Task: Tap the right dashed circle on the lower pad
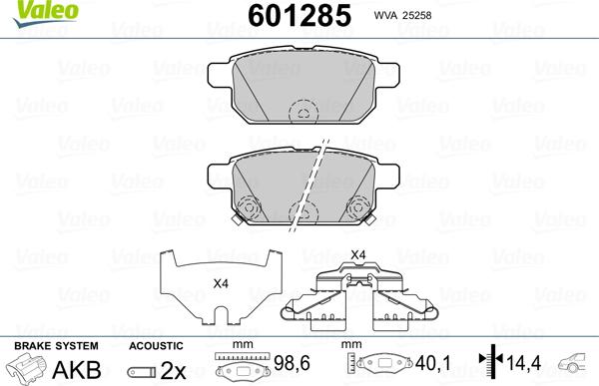(x=358, y=206)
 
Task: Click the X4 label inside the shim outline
(x=221, y=282)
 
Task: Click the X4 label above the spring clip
(x=356, y=255)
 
